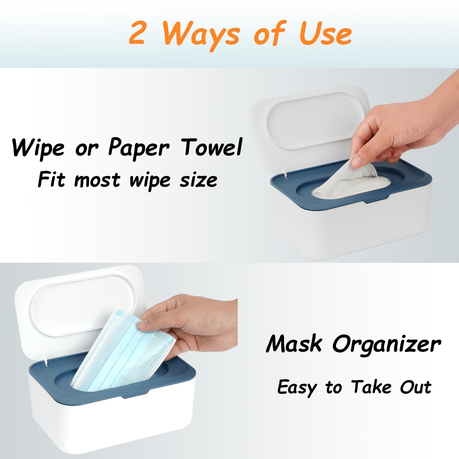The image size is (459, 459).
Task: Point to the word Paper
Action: [138, 148]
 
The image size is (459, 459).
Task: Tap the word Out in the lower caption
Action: [416, 387]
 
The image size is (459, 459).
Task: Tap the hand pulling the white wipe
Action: [398, 135]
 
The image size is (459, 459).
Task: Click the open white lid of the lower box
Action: [80, 306]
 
